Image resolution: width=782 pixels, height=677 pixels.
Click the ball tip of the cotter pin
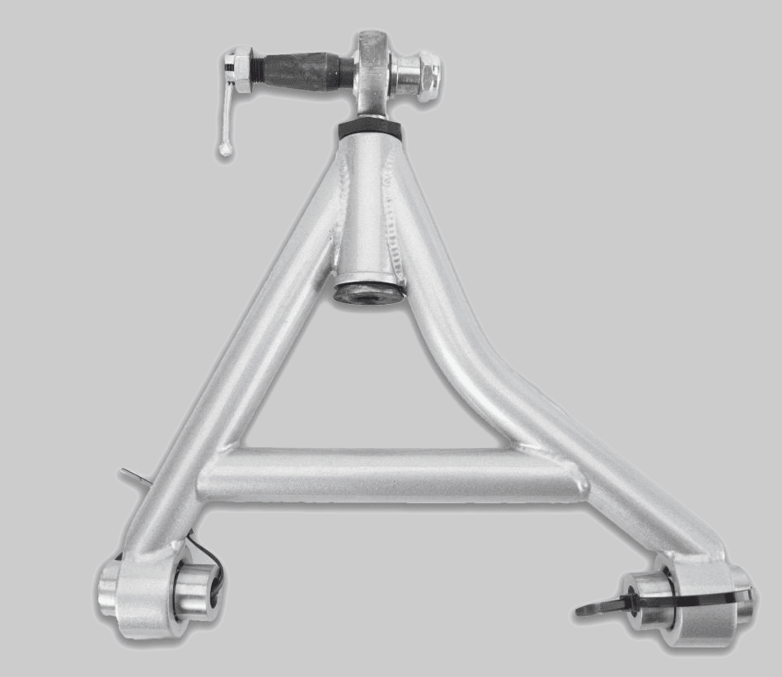(x=225, y=150)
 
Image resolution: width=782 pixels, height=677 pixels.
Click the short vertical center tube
(x=368, y=206)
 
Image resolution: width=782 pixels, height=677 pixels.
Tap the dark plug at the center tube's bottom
(x=368, y=292)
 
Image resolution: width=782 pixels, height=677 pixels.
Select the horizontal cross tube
(x=387, y=476)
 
